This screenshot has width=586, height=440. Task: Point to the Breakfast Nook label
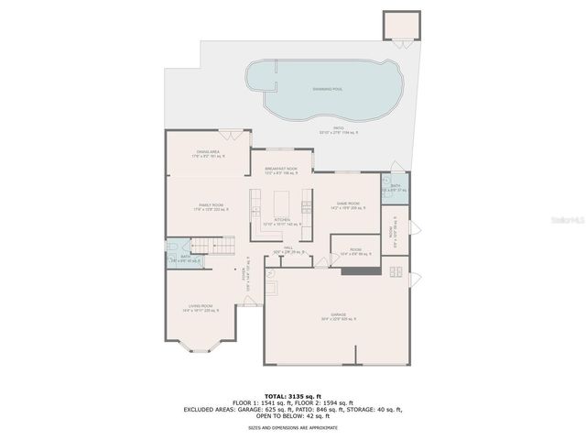tap(281, 170)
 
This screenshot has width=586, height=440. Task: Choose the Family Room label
tap(211, 207)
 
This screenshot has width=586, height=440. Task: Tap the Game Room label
tap(348, 204)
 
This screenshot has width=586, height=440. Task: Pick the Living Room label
tap(201, 307)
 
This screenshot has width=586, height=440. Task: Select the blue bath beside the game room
tap(393, 188)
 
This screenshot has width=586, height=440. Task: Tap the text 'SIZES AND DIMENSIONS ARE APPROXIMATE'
tap(293, 427)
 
